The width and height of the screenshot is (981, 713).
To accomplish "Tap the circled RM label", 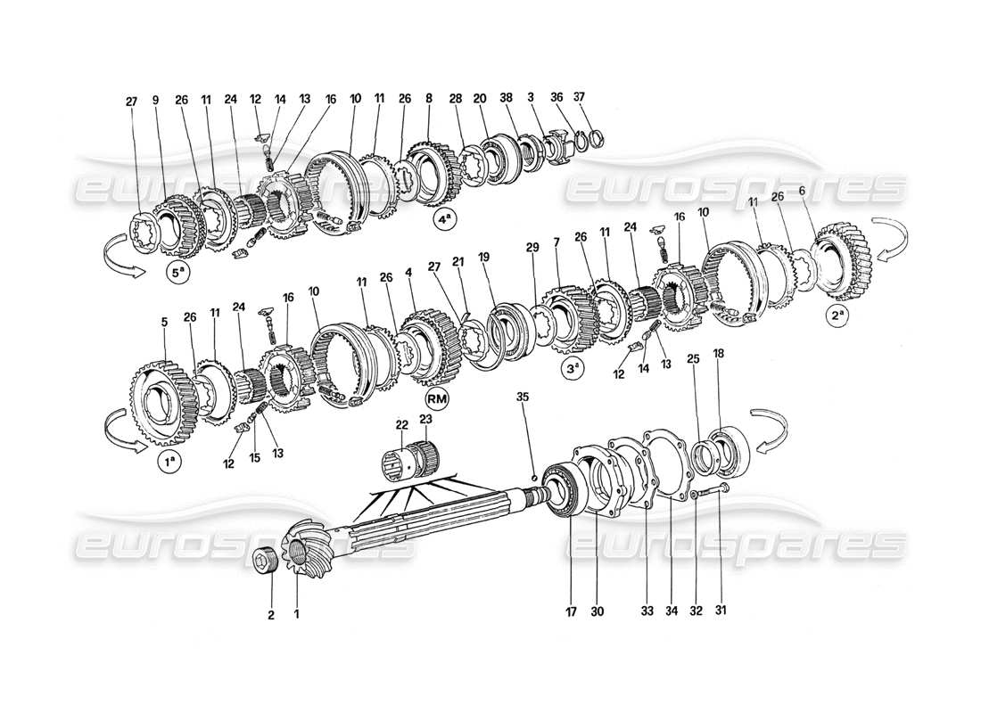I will click(x=437, y=398).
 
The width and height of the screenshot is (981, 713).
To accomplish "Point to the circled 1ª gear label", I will click(x=168, y=462).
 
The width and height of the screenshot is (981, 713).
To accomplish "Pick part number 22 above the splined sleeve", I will click(x=402, y=423).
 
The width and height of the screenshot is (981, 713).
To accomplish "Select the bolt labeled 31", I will click(x=710, y=490).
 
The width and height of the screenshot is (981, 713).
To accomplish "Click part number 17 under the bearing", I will click(x=571, y=611).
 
